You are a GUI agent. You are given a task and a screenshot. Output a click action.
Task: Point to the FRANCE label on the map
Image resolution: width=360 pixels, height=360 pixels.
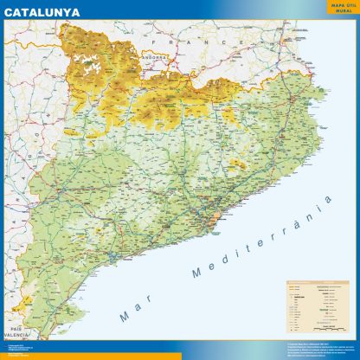tap(172, 41)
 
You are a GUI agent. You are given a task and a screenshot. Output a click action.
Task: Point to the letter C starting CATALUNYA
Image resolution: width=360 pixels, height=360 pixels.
tap(9, 13)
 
